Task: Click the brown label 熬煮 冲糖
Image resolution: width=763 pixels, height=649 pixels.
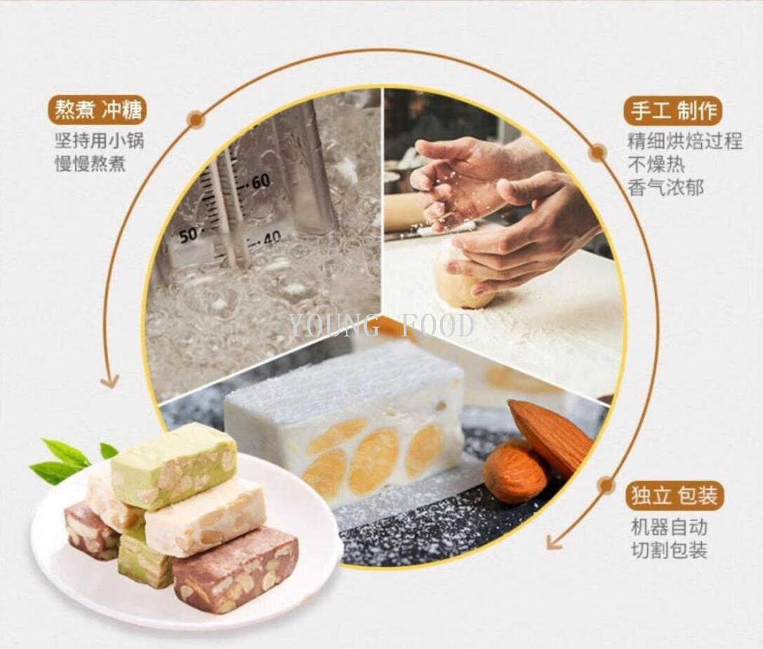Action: click(98, 110)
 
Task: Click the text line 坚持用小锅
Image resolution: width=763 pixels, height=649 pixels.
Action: click(99, 140)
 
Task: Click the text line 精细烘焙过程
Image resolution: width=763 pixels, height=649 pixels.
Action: click(684, 141)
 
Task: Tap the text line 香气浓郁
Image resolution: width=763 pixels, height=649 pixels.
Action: click(665, 188)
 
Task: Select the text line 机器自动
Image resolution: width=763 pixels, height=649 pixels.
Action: click(669, 527)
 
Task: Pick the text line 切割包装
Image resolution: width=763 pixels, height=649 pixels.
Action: click(669, 550)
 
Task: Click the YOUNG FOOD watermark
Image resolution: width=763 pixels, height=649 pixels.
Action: click(381, 325)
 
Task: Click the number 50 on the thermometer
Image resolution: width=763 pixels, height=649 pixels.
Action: click(188, 235)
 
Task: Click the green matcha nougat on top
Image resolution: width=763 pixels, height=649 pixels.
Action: click(174, 464)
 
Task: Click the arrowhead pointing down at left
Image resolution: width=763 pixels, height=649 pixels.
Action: click(109, 382)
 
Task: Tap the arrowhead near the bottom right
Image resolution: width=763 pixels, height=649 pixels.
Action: click(555, 542)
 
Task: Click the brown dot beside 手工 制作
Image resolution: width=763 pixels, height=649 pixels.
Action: click(597, 152)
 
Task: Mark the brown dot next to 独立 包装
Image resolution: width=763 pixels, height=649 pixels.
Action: click(606, 485)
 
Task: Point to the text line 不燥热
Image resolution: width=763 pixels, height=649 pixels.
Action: click(656, 164)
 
